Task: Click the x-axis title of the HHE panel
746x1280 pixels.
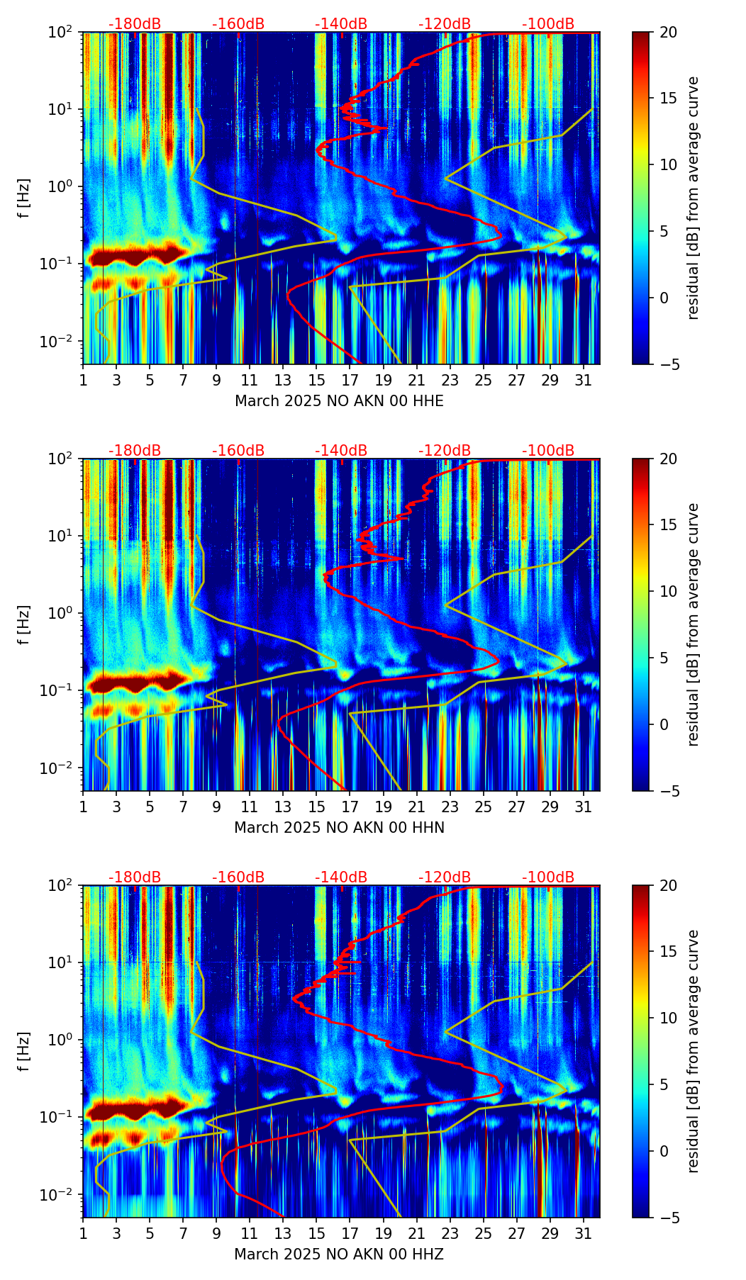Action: coord(339,401)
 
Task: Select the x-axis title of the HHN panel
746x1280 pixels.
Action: coord(339,828)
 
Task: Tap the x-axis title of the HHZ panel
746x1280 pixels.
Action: coord(339,1254)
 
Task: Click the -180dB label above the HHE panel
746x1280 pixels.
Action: coord(135,24)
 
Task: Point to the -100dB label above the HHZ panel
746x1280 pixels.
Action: coord(548,877)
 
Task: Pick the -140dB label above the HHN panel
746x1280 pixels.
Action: coord(341,451)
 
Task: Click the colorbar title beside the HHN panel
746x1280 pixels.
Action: coord(694,624)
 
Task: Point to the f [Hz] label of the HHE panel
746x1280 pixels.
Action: coord(24,198)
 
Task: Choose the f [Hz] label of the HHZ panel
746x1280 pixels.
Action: coord(24,1051)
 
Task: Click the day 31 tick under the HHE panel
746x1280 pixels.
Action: coord(583,379)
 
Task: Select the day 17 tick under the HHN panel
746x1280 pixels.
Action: coord(350,806)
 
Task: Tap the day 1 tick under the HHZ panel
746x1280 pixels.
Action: coord(84,1233)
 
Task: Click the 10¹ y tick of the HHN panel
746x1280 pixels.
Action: coord(64,536)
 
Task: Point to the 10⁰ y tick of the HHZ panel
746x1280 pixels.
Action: coord(64,1040)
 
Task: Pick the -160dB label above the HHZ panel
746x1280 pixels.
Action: coord(238,877)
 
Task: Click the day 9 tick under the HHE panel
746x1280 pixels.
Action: coord(216,379)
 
